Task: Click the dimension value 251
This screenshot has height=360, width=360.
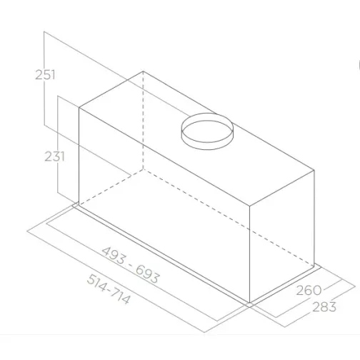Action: coord(45,74)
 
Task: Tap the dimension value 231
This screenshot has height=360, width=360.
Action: coord(54,156)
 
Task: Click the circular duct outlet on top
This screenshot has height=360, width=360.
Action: coord(207,131)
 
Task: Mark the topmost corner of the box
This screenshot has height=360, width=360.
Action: coord(143,71)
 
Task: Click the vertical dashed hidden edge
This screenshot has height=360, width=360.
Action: coord(143,121)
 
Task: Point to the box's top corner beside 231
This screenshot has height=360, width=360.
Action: coord(79,109)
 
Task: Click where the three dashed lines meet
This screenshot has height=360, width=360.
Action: coord(143,171)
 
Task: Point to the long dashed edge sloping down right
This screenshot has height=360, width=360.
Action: coord(229,219)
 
